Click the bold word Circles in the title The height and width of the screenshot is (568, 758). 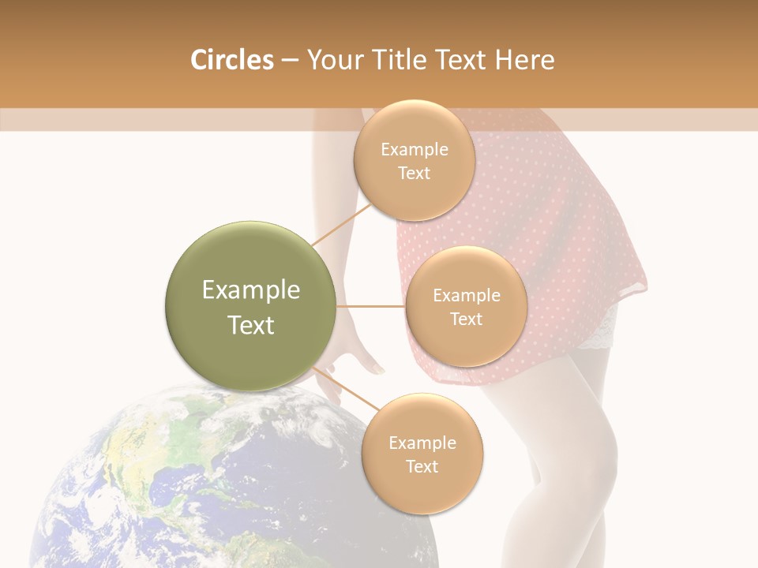click(x=231, y=60)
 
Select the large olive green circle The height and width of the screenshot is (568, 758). click(x=251, y=306)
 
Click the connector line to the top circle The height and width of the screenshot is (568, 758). click(x=341, y=224)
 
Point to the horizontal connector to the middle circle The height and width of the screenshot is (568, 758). click(x=371, y=306)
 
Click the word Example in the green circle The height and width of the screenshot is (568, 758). click(x=251, y=290)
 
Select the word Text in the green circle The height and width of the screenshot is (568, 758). click(x=251, y=325)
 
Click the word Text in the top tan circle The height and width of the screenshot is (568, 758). click(x=414, y=174)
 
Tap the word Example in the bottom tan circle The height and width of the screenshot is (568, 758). click(x=422, y=443)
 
